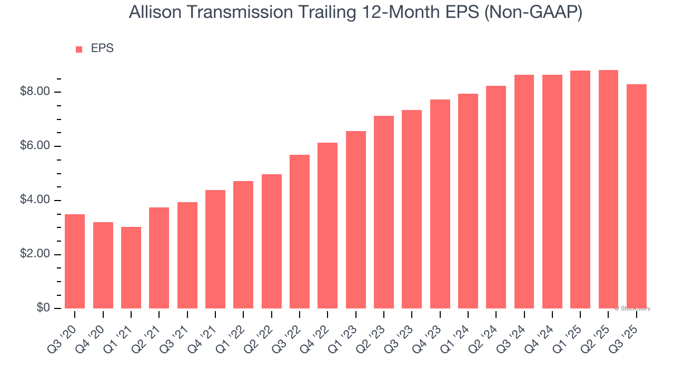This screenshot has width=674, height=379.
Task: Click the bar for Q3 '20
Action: (x=75, y=261)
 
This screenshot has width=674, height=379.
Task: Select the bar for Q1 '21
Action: (x=131, y=267)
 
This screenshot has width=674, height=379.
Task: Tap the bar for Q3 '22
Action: (x=300, y=232)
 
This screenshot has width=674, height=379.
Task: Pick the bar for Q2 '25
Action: (x=608, y=189)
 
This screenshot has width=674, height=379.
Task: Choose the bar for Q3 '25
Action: (x=636, y=196)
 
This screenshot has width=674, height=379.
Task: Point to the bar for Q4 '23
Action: (x=440, y=204)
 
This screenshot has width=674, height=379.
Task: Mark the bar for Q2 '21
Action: (x=159, y=258)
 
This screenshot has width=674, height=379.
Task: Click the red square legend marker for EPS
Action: (x=79, y=49)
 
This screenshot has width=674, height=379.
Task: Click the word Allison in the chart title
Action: (x=153, y=13)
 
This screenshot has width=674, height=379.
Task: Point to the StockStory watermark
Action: (x=632, y=308)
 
